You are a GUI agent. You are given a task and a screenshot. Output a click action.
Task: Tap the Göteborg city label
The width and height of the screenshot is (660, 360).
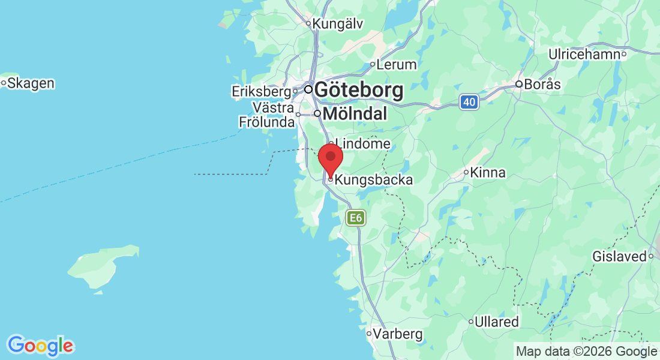click(358, 91)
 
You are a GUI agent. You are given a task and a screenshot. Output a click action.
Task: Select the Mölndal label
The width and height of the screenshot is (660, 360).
click(355, 113)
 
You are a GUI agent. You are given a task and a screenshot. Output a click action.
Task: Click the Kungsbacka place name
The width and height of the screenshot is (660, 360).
click(374, 179)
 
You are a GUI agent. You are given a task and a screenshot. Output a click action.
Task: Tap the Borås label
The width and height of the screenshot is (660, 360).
click(542, 85)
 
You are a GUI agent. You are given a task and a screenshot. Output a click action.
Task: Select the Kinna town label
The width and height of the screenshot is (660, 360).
click(488, 173)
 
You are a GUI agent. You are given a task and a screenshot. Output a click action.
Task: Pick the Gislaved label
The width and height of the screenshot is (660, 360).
click(619, 257)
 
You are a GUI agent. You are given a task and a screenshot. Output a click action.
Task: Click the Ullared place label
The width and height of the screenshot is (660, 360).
click(496, 322)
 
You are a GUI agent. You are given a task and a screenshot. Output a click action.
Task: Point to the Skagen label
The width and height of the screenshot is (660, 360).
click(31, 83)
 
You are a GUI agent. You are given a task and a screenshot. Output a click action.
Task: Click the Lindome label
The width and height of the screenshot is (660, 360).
click(363, 144)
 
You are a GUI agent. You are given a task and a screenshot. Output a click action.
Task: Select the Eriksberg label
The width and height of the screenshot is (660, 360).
click(262, 92)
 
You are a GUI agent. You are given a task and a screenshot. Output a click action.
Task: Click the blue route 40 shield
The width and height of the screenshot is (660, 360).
click(470, 103)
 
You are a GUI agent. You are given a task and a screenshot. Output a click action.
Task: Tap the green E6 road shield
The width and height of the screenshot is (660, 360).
click(356, 218)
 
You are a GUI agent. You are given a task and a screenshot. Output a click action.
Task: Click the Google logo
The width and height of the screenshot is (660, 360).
click(40, 346)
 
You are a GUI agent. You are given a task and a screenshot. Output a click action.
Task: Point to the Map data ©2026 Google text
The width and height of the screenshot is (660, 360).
click(587, 352)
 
